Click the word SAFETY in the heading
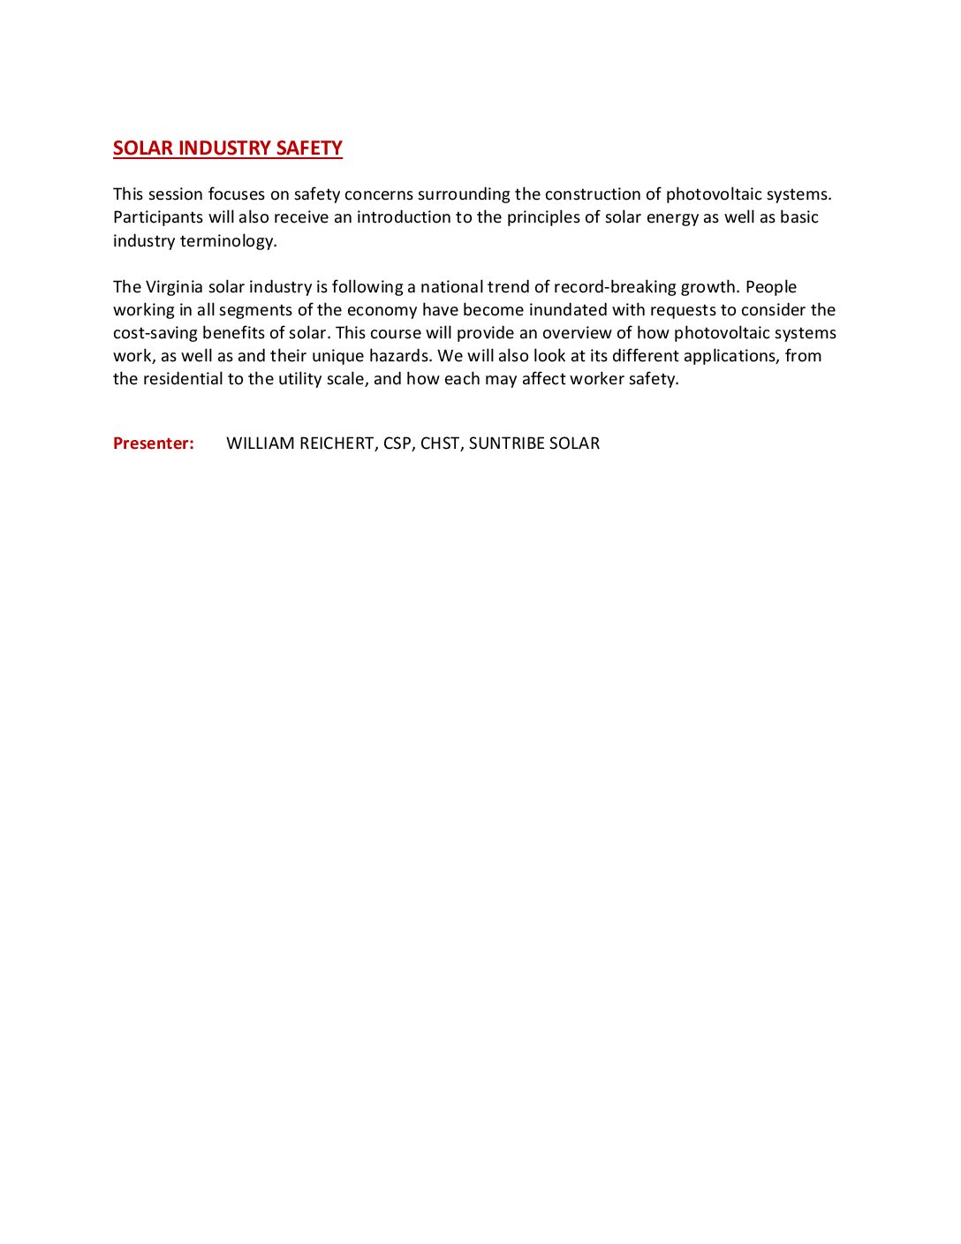[x=309, y=148]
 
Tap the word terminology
[x=228, y=241]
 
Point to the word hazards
[x=399, y=356]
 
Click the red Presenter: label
[x=154, y=444]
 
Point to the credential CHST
[x=440, y=444]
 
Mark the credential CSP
[x=397, y=444]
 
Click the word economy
[x=382, y=310]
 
